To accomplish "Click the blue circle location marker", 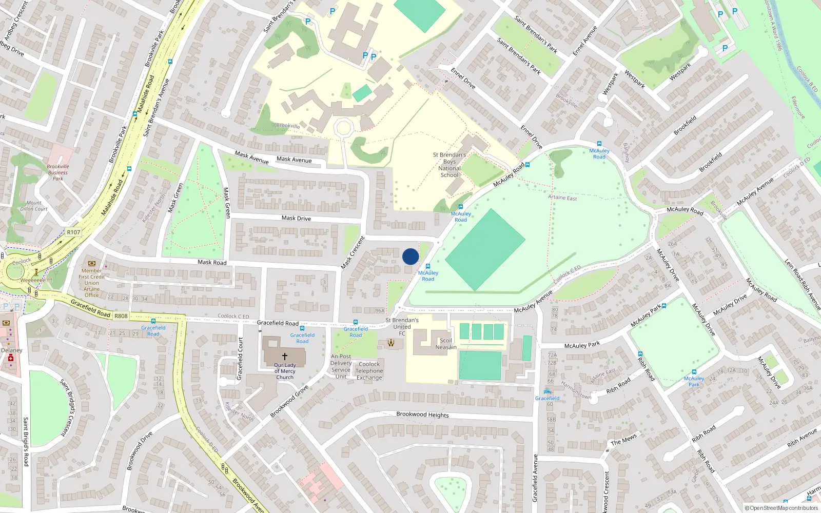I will click(411, 256).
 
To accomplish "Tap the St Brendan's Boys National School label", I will click(449, 165).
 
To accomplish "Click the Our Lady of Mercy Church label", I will click(285, 371).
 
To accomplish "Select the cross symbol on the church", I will click(284, 356).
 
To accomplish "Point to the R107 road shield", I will click(73, 232).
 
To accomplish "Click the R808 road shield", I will click(121, 316).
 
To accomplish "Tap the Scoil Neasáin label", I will click(446, 344).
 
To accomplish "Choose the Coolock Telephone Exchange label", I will click(369, 371).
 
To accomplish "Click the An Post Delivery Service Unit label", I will click(341, 366).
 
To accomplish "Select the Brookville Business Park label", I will click(58, 172).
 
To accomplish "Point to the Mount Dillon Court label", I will click(34, 206).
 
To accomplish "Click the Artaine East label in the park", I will click(562, 198).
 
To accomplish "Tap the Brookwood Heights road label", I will click(422, 415).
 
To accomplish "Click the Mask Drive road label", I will click(296, 219).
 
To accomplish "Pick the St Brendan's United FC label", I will click(402, 327).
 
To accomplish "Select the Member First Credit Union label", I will click(92, 283).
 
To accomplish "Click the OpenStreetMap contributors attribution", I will click(781, 508).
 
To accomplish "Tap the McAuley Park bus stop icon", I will click(694, 372).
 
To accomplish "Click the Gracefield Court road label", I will click(240, 359).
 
